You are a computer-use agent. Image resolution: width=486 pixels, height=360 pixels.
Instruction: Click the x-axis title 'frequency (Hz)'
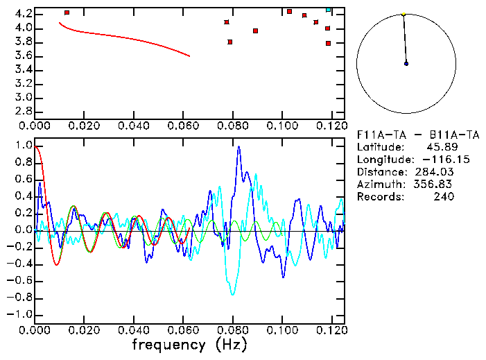[x=189, y=345]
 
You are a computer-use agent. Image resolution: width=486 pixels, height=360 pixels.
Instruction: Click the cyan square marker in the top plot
[x=328, y=10]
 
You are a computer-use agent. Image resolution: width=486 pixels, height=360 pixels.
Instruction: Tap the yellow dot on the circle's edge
[x=403, y=14]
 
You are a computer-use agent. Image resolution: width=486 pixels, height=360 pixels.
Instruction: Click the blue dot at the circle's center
[x=406, y=64]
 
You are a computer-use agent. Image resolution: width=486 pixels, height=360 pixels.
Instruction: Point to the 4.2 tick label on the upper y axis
[x=23, y=14]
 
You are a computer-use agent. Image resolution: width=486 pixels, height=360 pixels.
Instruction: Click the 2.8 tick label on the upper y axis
[x=23, y=111]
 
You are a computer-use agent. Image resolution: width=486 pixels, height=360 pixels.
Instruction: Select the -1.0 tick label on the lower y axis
[x=21, y=314]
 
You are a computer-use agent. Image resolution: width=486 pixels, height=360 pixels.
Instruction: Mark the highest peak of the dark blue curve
[x=238, y=147]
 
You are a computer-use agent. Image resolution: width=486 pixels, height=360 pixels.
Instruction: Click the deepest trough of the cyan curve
[x=232, y=294]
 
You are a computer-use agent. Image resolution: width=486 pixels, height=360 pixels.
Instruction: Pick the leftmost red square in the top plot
[x=67, y=12]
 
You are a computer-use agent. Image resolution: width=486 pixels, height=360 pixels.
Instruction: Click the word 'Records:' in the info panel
[x=379, y=197]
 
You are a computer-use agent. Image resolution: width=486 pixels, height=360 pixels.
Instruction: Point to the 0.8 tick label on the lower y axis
[x=23, y=163]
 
